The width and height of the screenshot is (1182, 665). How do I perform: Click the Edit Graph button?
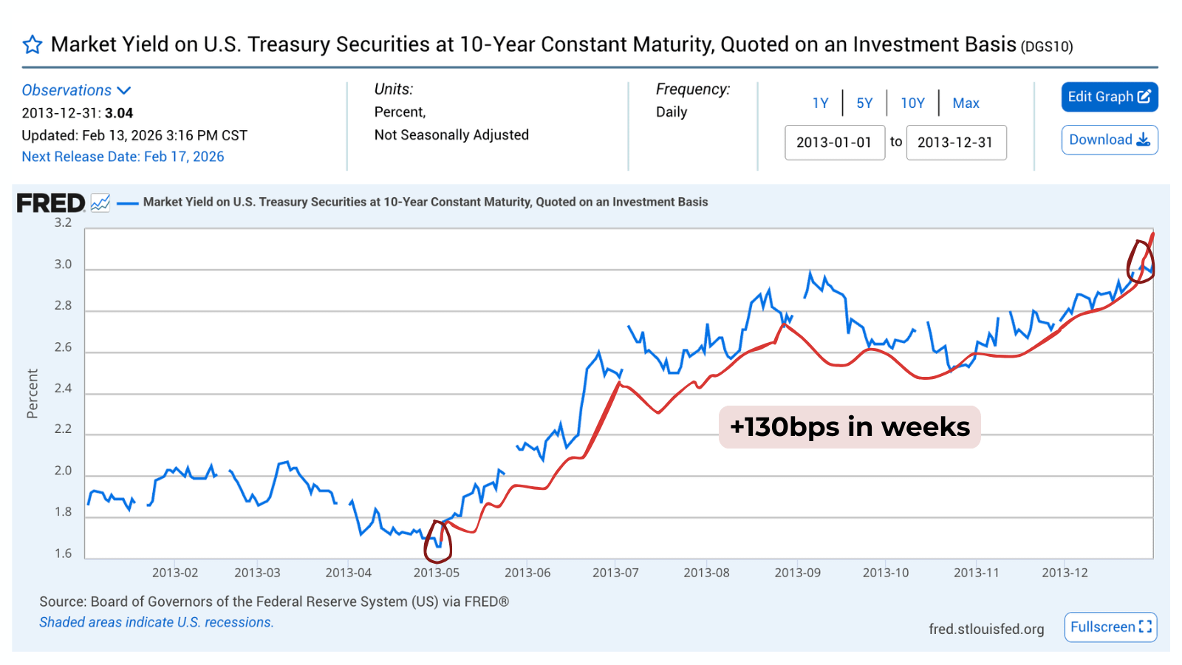point(1109,97)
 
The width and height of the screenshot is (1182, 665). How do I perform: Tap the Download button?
point(1109,140)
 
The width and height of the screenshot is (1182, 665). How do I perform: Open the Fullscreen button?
point(1110,627)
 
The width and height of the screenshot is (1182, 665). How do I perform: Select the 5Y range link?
point(864,103)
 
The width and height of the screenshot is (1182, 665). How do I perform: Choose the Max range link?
point(966,103)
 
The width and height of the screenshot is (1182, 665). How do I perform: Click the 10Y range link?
point(912,103)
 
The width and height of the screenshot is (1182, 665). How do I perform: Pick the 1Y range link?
point(820,103)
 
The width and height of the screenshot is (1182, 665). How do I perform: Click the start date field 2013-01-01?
point(835,143)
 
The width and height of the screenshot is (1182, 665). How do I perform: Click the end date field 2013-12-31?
point(956,143)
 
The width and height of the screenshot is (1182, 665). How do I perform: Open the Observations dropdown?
point(76,90)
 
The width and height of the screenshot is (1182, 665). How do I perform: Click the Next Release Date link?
point(123,157)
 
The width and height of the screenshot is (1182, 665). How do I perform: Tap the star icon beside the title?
point(33,45)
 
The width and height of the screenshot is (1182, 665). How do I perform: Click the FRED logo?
point(51,202)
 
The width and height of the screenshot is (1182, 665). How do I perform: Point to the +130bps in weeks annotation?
point(850,427)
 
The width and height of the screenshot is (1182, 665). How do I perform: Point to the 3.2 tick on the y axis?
point(63,222)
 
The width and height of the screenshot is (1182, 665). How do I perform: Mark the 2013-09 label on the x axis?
point(797,573)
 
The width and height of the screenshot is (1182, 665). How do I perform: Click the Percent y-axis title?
point(33,394)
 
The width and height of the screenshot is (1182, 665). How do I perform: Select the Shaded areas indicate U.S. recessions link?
point(157,622)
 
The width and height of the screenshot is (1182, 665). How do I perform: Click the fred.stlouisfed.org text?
point(986,629)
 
